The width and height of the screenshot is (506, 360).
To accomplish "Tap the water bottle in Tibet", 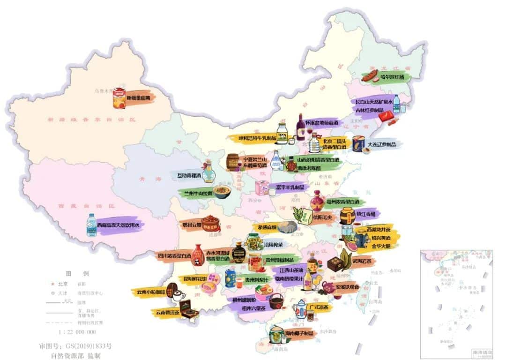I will pyautogui.click(x=90, y=225).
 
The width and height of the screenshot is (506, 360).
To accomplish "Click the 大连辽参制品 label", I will pyautogui.click(x=382, y=144).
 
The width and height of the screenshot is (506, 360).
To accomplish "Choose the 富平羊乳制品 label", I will pyautogui.click(x=290, y=187).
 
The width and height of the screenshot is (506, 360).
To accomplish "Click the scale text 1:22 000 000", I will pyautogui.click(x=77, y=332).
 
